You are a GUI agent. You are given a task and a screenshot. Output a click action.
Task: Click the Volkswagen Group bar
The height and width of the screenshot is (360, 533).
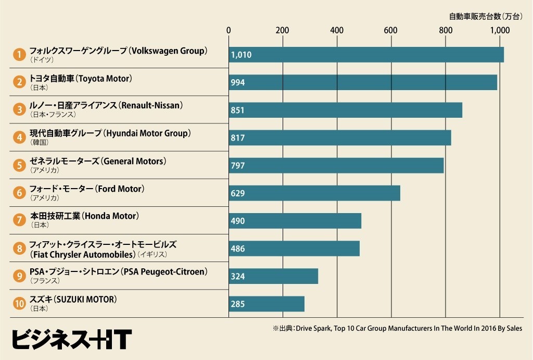pyautogui.click(x=366, y=55)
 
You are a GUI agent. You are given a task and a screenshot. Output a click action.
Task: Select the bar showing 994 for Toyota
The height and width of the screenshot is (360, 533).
pyautogui.click(x=363, y=82)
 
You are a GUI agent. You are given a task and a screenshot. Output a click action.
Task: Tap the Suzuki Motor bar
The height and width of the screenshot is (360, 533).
pyautogui.click(x=266, y=304)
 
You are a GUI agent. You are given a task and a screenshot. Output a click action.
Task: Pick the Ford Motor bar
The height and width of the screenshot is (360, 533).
pyautogui.click(x=314, y=193)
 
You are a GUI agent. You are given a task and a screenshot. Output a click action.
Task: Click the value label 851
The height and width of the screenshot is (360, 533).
pyautogui.click(x=237, y=110)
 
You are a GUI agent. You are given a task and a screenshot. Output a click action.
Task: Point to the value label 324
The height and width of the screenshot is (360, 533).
pyautogui.click(x=237, y=276)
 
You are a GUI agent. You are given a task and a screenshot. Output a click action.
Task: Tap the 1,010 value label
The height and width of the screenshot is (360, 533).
pyautogui.click(x=241, y=55)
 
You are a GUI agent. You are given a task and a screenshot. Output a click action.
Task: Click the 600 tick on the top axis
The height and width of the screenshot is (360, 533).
pyautogui.click(x=390, y=30)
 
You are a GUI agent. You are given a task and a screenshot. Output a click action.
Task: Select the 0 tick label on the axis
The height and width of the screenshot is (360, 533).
pyautogui.click(x=229, y=30)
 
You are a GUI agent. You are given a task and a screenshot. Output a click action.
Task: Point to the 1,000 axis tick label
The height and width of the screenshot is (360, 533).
pyautogui.click(x=500, y=30)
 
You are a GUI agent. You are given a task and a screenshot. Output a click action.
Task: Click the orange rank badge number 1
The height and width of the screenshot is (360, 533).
pyautogui.click(x=19, y=54)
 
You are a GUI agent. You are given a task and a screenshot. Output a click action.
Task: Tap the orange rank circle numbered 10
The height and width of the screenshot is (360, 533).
pyautogui.click(x=19, y=304)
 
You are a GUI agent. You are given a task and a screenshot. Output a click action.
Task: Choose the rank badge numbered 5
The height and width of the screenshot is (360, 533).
pyautogui.click(x=19, y=165)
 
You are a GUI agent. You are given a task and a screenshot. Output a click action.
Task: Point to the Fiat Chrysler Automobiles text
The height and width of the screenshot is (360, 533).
pyautogui.click(x=83, y=255)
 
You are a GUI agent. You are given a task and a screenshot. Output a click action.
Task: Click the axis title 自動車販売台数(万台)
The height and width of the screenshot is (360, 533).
pyautogui.click(x=486, y=16)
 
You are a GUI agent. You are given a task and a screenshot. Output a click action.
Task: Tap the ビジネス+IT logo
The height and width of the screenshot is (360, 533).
pyautogui.click(x=72, y=339)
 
